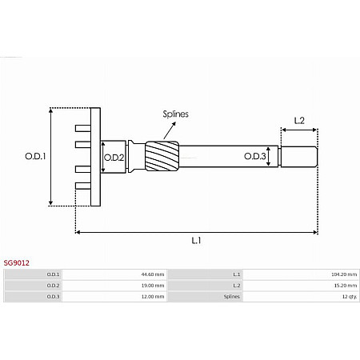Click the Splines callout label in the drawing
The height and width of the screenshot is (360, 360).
click(x=175, y=114)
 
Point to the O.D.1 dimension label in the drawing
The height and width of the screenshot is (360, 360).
click(x=34, y=157)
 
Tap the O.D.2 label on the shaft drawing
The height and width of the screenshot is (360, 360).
click(x=114, y=157)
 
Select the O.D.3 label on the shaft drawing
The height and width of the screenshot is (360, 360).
click(x=254, y=157)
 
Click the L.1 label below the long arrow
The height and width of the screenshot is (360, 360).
click(x=196, y=241)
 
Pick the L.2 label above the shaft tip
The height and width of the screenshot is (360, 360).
click(x=299, y=121)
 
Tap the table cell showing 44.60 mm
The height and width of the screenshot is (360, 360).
click(x=152, y=274)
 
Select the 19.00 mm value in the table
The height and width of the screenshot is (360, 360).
click(x=152, y=286)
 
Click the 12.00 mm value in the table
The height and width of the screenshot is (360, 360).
click(x=152, y=297)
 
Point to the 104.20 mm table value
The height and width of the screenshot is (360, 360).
click(x=344, y=274)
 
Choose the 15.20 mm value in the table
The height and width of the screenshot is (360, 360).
click(x=345, y=286)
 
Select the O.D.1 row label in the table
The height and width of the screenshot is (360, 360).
click(x=53, y=274)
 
